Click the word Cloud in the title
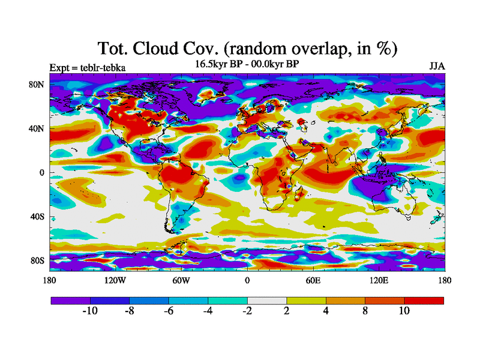[x=170, y=48]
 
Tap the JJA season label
[x=437, y=66]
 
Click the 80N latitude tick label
[x=37, y=85]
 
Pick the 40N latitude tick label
[x=37, y=128]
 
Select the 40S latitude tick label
[x=37, y=217]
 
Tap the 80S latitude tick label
[x=37, y=261]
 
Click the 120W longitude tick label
[x=115, y=280]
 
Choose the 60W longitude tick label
[x=181, y=280]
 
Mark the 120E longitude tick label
[x=379, y=280]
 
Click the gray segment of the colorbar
[x=267, y=299]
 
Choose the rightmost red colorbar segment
[x=424, y=299]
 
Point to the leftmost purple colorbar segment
[x=70, y=299]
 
